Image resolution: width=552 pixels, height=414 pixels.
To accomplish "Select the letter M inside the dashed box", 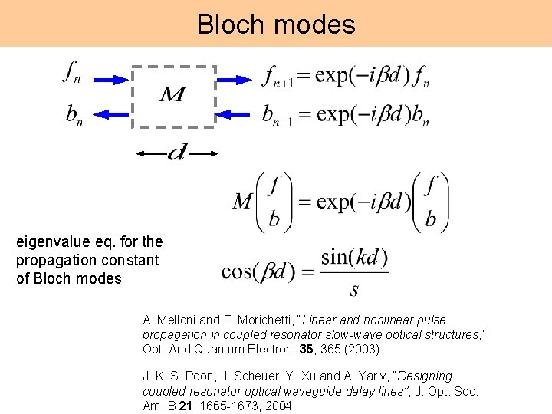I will (x=173, y=96).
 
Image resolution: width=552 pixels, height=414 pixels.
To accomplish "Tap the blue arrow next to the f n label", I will (x=110, y=78).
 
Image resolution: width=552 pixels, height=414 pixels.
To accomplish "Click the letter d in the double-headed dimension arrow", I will (x=176, y=154).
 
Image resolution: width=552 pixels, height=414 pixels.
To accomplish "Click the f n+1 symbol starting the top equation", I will (x=277, y=77).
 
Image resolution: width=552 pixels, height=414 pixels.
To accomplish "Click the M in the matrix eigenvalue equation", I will (x=243, y=202).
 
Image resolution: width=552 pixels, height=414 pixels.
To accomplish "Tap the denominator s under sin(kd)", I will (x=354, y=290).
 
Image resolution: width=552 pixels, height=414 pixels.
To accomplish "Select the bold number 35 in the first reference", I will (x=310, y=349).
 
